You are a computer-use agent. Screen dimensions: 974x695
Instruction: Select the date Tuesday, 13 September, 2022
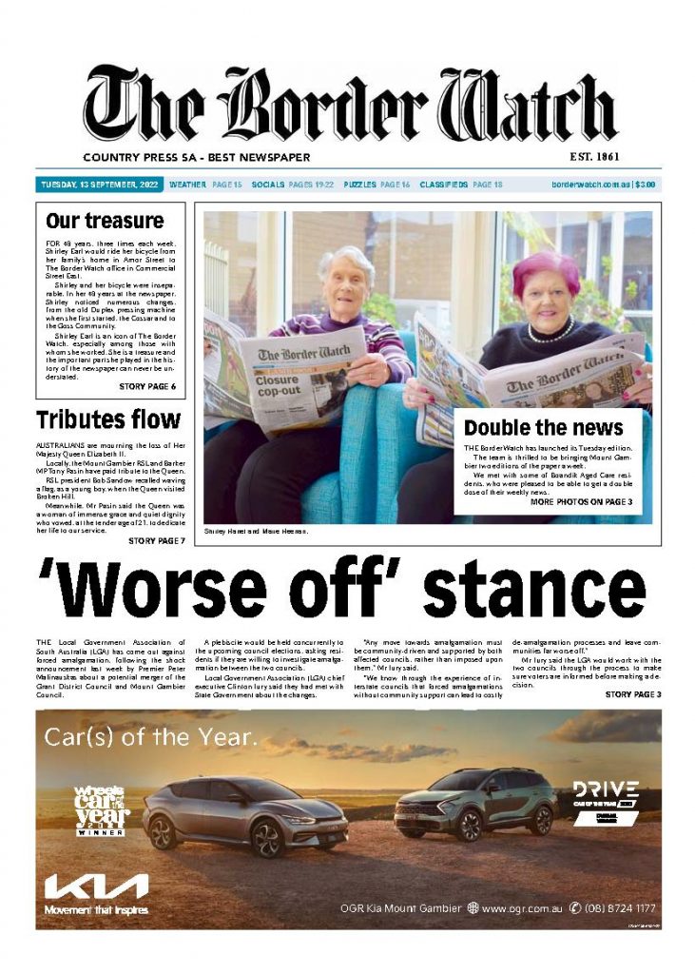(99, 185)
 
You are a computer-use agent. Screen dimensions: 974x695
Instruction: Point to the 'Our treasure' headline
(105, 222)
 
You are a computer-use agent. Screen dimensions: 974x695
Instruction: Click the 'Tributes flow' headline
(107, 419)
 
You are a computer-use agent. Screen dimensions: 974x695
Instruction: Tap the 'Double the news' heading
(543, 427)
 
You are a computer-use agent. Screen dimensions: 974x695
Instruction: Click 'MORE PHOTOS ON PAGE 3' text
(581, 501)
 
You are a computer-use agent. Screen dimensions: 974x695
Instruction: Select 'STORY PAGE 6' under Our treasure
(146, 387)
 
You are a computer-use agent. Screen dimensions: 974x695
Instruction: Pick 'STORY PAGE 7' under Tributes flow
(156, 540)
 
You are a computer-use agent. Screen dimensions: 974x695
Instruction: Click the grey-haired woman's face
(348, 282)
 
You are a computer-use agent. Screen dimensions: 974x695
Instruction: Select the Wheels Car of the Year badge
(102, 809)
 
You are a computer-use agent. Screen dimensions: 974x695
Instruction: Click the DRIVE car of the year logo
(605, 795)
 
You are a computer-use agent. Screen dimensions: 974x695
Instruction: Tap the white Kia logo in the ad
(96, 886)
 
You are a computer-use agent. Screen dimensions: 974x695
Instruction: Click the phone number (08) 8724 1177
(619, 908)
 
